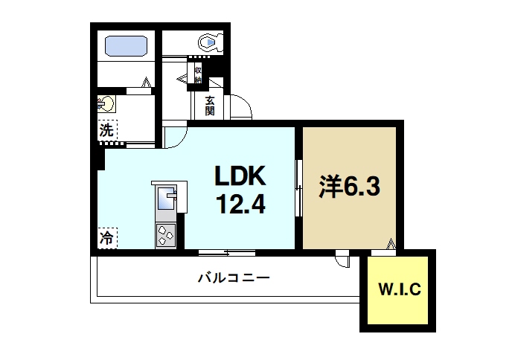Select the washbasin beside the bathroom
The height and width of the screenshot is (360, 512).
tap(105, 103)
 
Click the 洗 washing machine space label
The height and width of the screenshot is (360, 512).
tap(107, 129)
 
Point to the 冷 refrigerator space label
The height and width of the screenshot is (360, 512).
tap(106, 239)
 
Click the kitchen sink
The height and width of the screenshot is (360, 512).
tap(166, 199)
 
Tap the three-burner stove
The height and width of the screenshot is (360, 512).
tap(164, 236)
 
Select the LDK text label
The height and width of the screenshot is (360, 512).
tap(240, 176)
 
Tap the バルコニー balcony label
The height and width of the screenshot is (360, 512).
tap(234, 279)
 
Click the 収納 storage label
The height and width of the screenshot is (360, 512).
tap(199, 74)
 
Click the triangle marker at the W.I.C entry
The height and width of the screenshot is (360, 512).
tap(391, 242)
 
